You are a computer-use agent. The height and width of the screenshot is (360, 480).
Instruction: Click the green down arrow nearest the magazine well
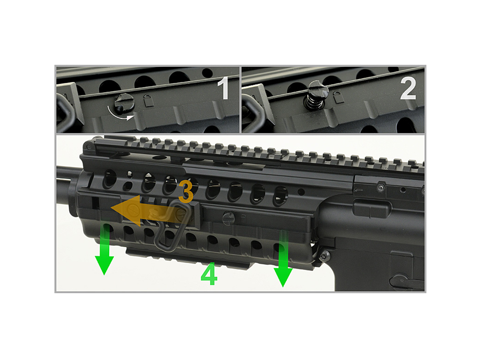click(x=283, y=258)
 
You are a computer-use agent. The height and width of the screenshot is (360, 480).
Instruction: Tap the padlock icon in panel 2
click(x=338, y=97)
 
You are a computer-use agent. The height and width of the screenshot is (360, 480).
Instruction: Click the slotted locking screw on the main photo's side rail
click(x=228, y=218)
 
